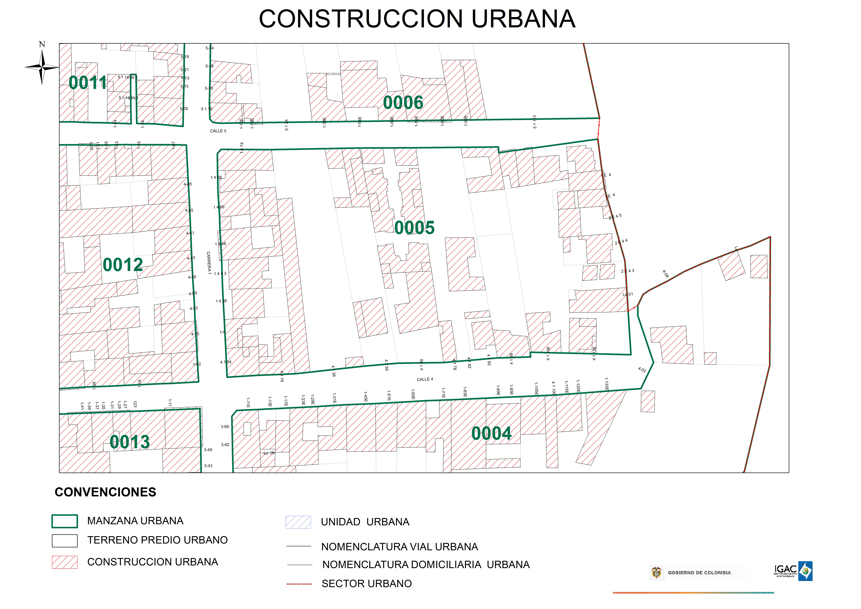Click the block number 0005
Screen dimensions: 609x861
click(x=414, y=228)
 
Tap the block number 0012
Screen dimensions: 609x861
click(x=123, y=265)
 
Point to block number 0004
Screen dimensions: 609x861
click(x=491, y=434)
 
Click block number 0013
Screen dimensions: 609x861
click(x=130, y=442)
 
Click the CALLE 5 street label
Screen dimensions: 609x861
click(x=218, y=131)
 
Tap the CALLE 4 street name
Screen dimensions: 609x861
click(x=425, y=379)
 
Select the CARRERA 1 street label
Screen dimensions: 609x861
click(x=209, y=263)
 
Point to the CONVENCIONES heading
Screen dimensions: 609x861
click(x=105, y=492)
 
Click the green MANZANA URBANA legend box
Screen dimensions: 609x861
click(x=65, y=521)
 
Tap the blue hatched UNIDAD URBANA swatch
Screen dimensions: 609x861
click(x=298, y=522)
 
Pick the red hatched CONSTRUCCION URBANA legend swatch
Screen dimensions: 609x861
click(x=65, y=562)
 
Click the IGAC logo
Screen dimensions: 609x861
click(x=793, y=571)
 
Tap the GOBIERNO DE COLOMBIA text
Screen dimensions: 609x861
click(x=699, y=573)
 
